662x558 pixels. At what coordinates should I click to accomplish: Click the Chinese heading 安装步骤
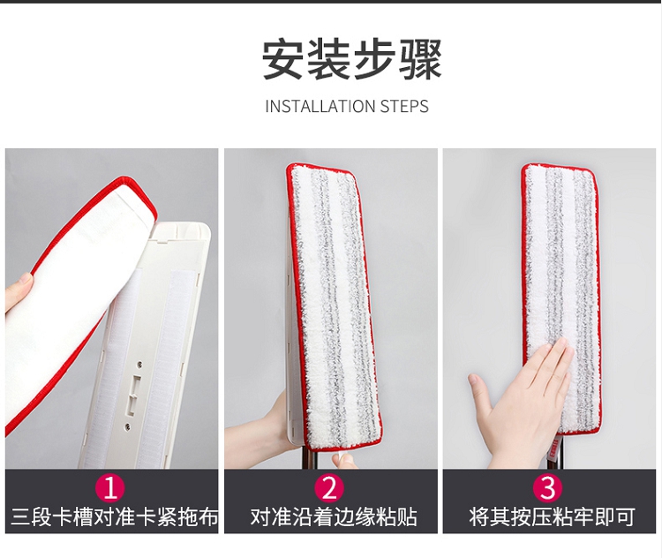click(351, 59)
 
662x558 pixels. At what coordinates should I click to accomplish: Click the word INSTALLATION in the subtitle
click(320, 106)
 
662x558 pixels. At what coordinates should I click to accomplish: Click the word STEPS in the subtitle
click(404, 106)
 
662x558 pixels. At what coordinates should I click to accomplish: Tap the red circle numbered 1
click(110, 488)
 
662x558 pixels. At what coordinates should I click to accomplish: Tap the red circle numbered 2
click(329, 488)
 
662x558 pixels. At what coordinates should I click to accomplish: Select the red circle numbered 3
click(548, 488)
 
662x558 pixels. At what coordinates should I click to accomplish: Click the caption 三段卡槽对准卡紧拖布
click(115, 517)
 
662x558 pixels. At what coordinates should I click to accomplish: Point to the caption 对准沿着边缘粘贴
click(334, 517)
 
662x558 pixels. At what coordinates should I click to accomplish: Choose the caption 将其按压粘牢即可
click(552, 517)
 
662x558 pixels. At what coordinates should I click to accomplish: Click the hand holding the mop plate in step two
click(258, 426)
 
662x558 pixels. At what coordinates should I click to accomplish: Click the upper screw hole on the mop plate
click(139, 363)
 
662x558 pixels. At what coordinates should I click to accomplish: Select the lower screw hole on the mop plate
click(126, 427)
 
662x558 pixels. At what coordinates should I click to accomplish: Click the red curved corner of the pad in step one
click(139, 190)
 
